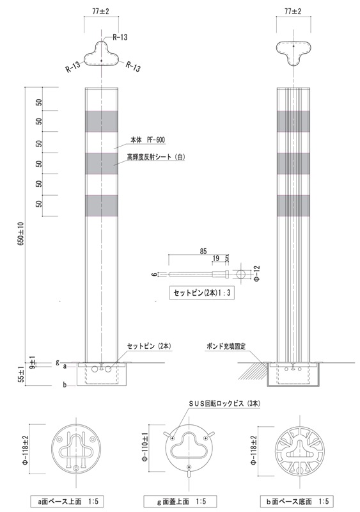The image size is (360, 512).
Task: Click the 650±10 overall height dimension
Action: tap(22, 234)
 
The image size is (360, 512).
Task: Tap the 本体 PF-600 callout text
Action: tap(148, 140)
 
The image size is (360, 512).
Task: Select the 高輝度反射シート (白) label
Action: tap(156, 157)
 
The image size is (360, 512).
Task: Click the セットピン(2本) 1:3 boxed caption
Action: tap(202, 293)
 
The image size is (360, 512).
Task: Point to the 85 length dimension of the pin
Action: tap(203, 251)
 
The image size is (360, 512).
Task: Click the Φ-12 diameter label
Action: tap(257, 274)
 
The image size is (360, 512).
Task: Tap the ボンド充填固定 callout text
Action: tap(226, 346)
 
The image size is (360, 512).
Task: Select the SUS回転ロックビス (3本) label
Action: tap(225, 404)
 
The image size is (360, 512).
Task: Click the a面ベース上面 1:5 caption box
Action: tap(68, 500)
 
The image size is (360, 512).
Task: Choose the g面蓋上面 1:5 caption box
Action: tap(180, 501)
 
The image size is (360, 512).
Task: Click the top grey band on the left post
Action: tap(102, 121)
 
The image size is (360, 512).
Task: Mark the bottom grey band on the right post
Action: tap(293, 205)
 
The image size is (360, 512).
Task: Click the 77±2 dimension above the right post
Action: tap(293, 12)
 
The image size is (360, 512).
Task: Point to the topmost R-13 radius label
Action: tap(120, 37)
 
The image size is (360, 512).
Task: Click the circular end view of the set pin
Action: tap(241, 274)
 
